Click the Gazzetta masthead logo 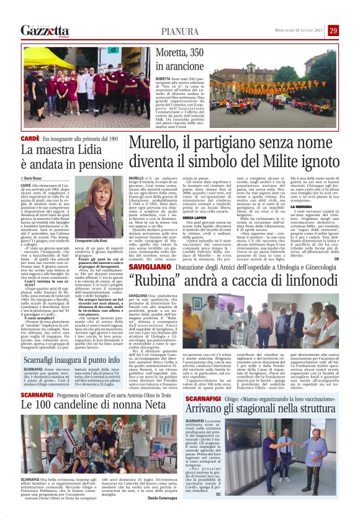click(43, 30)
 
